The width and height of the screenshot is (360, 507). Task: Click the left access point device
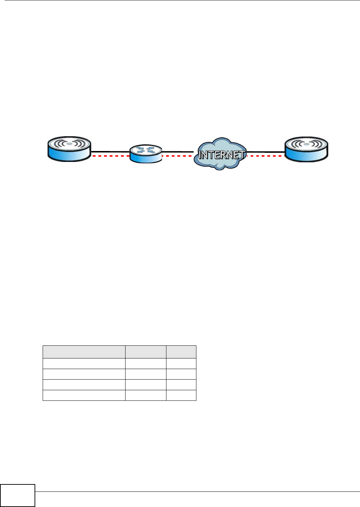(x=69, y=149)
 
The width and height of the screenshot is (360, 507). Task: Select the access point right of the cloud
(x=306, y=149)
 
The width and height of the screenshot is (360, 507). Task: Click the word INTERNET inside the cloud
(x=221, y=155)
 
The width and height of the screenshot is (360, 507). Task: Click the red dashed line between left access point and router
(x=110, y=156)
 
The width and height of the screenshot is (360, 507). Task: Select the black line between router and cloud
(x=177, y=152)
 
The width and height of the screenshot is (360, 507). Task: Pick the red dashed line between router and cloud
(x=177, y=156)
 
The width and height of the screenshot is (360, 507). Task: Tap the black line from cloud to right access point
(x=265, y=152)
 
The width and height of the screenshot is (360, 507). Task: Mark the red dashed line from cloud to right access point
(x=265, y=156)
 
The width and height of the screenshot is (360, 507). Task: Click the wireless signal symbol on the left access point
(x=69, y=144)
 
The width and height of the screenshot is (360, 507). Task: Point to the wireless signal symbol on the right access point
(x=306, y=144)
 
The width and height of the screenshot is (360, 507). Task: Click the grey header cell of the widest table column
(x=84, y=352)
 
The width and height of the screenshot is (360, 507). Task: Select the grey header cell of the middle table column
(x=146, y=352)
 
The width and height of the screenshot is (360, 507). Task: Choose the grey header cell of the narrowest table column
(x=181, y=352)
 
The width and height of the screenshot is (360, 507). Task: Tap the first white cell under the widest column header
(x=84, y=363)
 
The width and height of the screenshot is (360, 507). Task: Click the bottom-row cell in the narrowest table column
(x=181, y=395)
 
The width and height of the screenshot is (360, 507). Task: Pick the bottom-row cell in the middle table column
(x=146, y=395)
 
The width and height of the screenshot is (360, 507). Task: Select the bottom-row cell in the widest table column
(x=84, y=395)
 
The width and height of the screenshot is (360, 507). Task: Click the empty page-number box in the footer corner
(x=18, y=496)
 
